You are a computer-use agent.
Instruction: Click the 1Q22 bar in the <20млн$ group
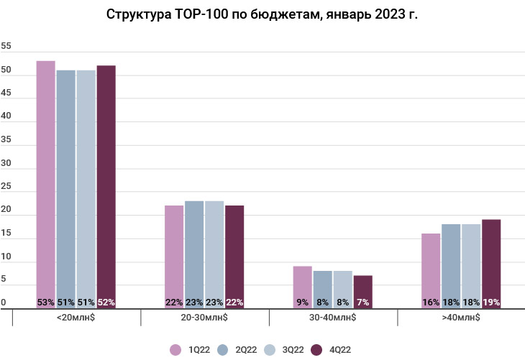coord(46,180)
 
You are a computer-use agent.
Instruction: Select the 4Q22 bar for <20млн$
coord(106,183)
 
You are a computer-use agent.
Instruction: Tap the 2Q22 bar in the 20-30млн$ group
coord(194,251)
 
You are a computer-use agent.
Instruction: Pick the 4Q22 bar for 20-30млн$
coord(234,255)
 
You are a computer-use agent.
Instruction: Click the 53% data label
coord(46,303)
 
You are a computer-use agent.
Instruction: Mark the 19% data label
coord(491,303)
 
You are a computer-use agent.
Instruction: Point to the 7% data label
coord(363,303)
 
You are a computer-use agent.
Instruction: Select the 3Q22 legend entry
coord(287,350)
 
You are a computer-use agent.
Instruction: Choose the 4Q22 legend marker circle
coord(316,350)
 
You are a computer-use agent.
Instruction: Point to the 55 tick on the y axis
coord(6,46)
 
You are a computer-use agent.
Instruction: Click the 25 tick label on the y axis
coord(6,186)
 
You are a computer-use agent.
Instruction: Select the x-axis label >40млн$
coord(461,317)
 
